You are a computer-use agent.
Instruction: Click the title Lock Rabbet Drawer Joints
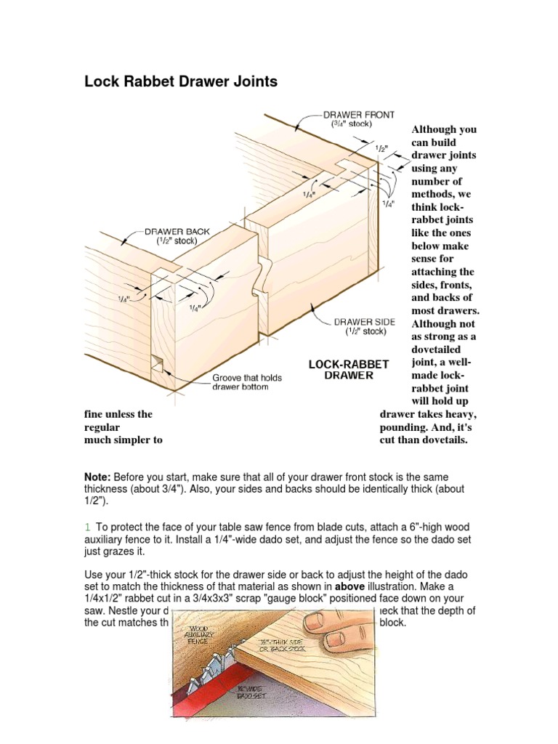[x=181, y=81]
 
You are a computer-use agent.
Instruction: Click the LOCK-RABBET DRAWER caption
[x=349, y=369]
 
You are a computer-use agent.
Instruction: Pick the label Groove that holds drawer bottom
[x=247, y=382]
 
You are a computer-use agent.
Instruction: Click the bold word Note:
[x=97, y=477]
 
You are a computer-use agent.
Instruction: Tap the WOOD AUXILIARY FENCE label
[x=203, y=634]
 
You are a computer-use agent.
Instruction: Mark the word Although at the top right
[x=443, y=129]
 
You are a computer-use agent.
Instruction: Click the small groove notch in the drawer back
[x=156, y=362]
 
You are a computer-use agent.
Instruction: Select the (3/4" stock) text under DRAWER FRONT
[x=347, y=124]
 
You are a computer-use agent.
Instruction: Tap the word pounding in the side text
[x=407, y=427]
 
